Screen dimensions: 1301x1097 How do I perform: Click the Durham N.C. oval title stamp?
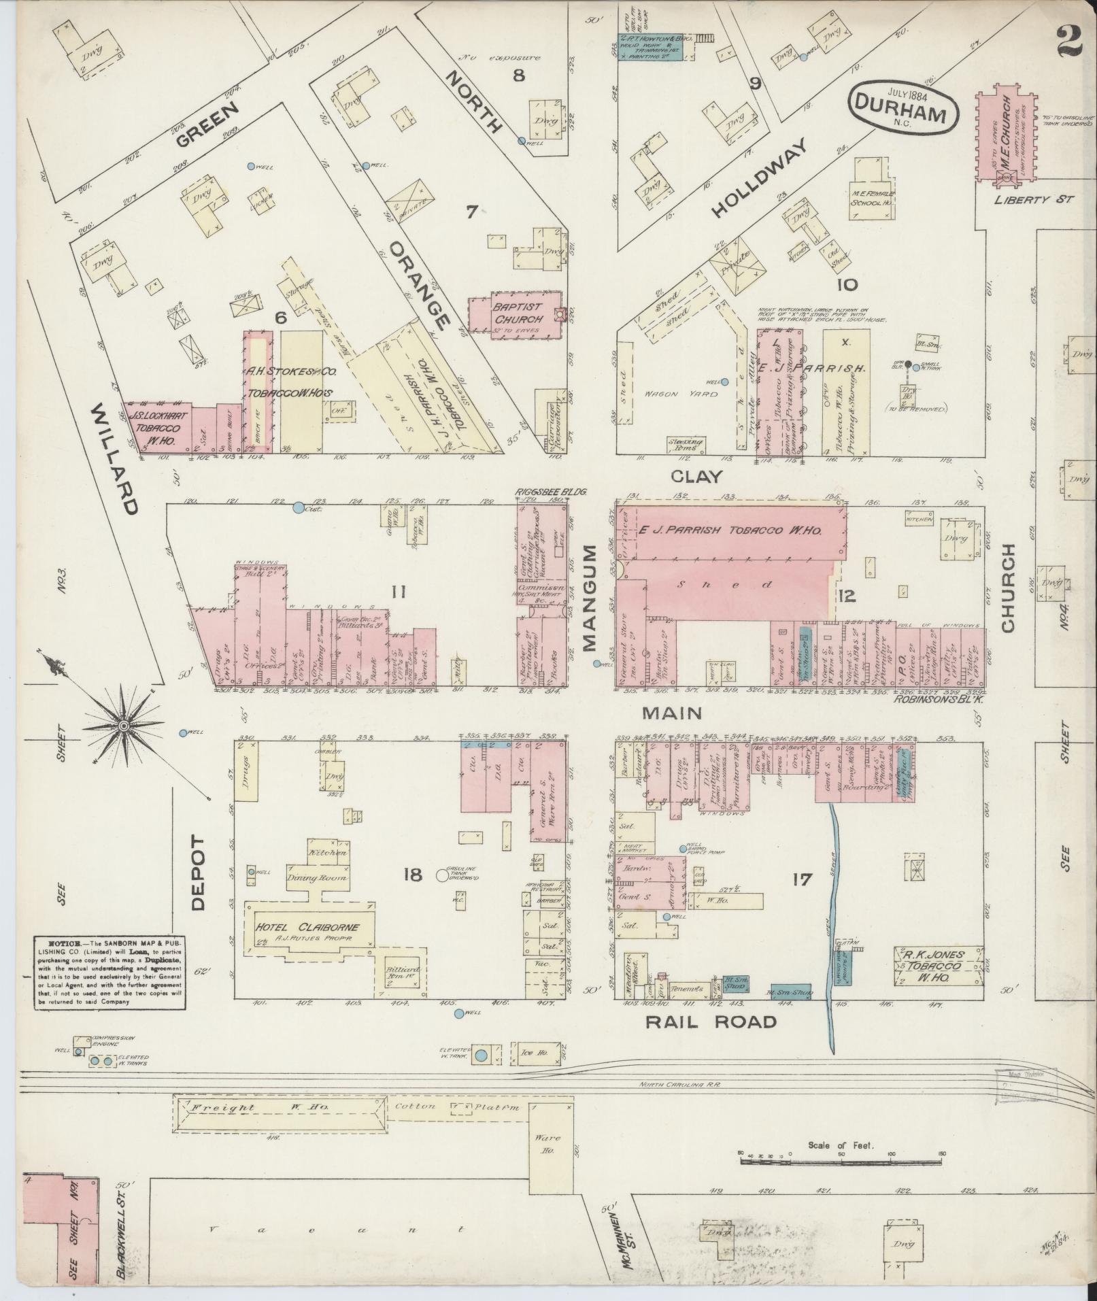[x=902, y=109]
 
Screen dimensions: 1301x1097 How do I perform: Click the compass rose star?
[x=124, y=727]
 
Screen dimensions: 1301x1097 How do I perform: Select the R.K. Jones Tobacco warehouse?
[x=938, y=966]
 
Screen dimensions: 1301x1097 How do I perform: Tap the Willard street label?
[x=115, y=458]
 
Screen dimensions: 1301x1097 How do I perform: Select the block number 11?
[x=399, y=592]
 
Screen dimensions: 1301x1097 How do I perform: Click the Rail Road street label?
[x=710, y=1021]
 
